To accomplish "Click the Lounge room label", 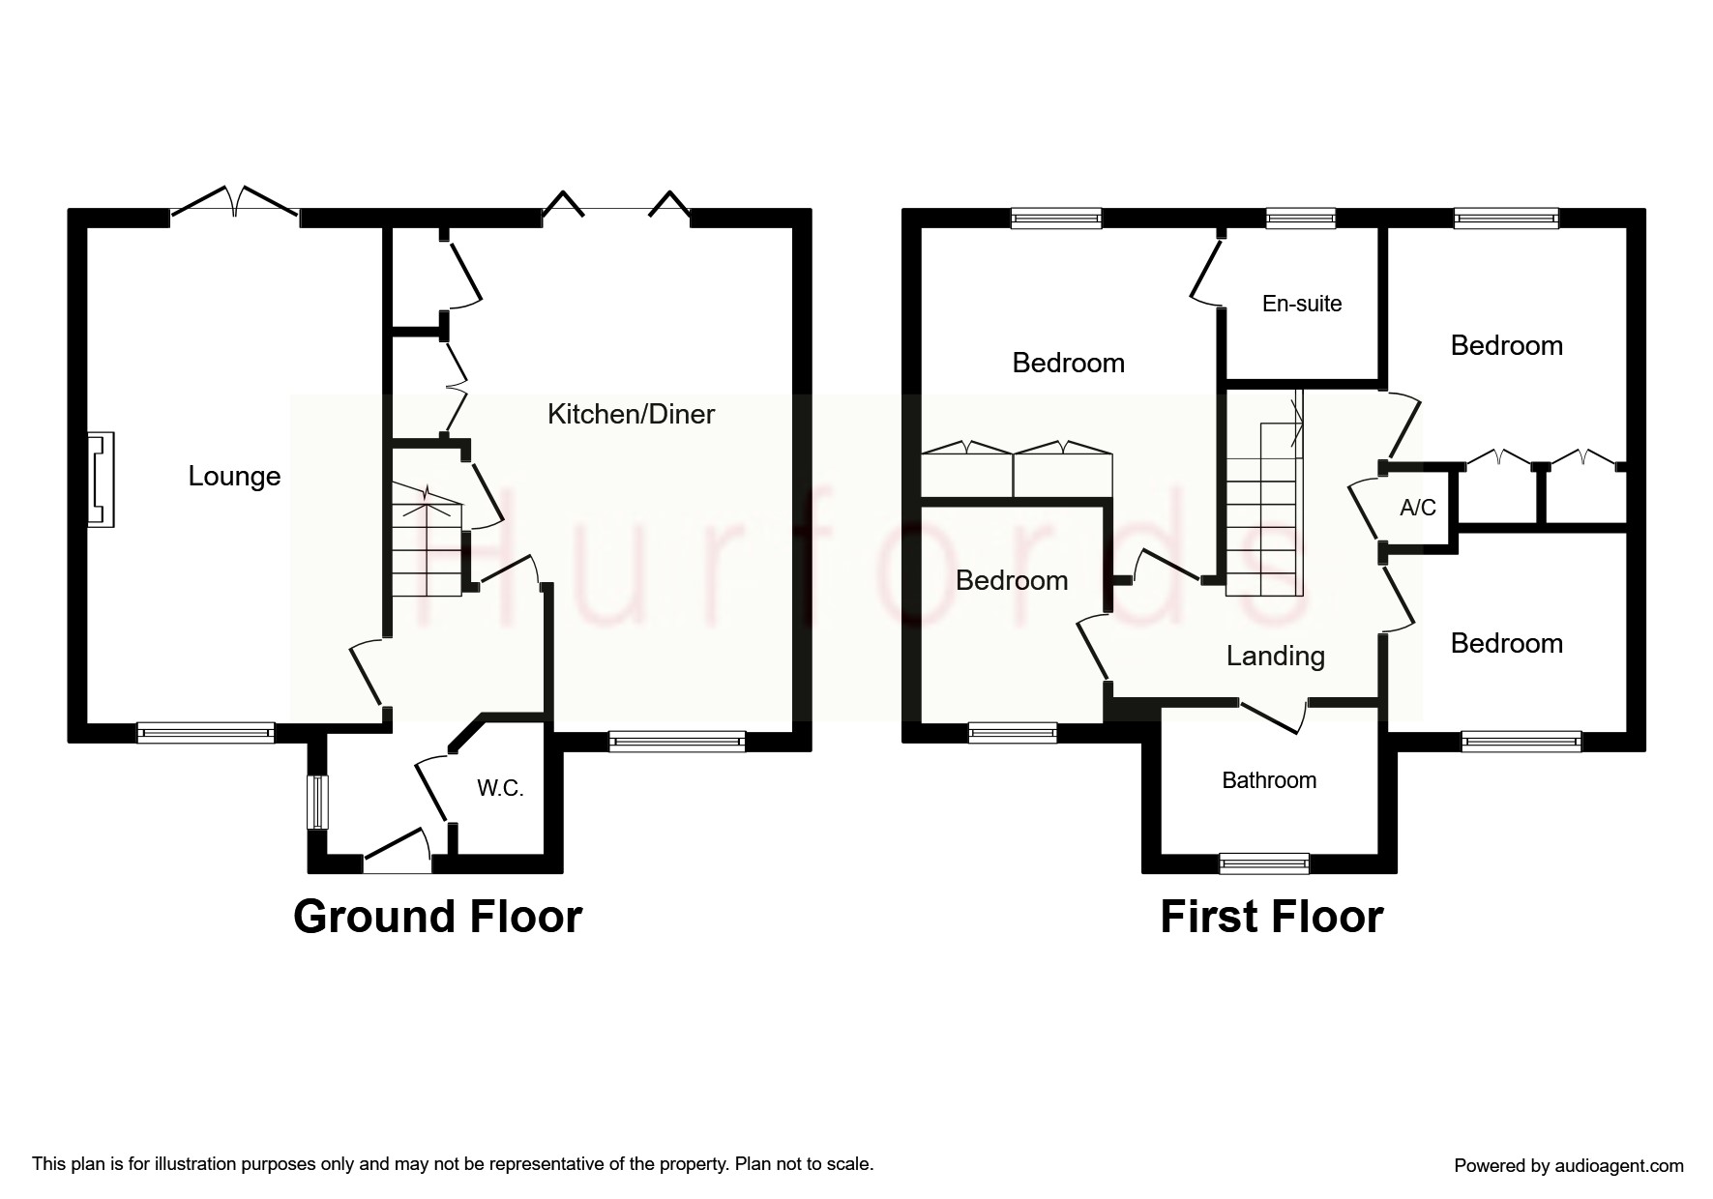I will [234, 476].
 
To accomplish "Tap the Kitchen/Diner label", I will [631, 414].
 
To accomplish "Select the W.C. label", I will [500, 788].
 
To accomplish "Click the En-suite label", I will [1302, 304].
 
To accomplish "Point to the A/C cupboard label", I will [1418, 508].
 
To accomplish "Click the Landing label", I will [1275, 656].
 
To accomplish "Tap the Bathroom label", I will [1269, 780].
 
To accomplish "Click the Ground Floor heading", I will [437, 917].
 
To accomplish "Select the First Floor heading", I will [1271, 917].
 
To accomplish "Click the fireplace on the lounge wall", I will [101, 480].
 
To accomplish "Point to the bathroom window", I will [1263, 863].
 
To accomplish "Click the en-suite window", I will [1300, 219].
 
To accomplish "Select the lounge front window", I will [205, 733].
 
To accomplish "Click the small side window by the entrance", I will [317, 802].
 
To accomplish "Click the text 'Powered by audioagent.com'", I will [1568, 1166].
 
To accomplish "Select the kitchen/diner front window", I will [677, 742].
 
